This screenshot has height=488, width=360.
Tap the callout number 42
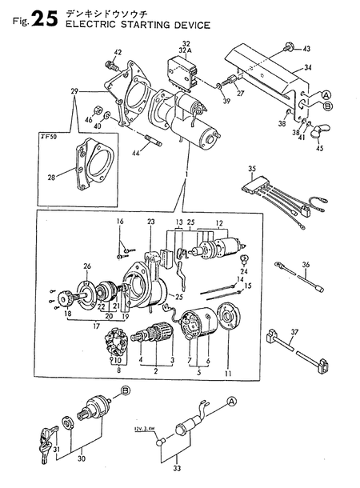pyautogui.click(x=117, y=53)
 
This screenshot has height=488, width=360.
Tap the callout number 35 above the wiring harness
pyautogui.click(x=252, y=169)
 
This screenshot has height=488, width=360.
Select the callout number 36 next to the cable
pyautogui.click(x=304, y=265)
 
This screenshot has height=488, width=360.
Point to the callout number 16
pyautogui.click(x=121, y=221)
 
